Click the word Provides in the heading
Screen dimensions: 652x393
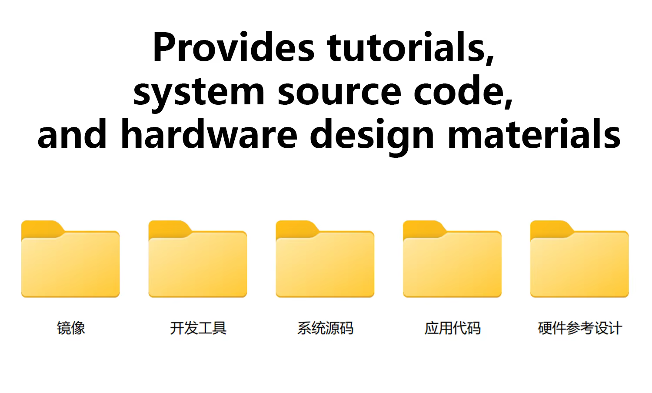tap(234, 48)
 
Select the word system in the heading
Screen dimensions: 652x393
tap(199, 91)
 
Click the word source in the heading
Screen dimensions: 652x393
tap(339, 91)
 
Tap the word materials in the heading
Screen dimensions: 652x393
tap(534, 134)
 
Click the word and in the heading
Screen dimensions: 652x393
tap(72, 134)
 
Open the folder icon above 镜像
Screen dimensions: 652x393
tap(70, 261)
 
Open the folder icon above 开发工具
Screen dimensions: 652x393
tap(198, 261)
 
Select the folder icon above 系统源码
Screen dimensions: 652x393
tap(325, 261)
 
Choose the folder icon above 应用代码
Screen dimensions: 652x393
tap(452, 261)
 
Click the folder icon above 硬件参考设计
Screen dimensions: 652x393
tap(580, 261)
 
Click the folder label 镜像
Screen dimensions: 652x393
tap(71, 328)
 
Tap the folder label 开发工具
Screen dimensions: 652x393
tap(198, 328)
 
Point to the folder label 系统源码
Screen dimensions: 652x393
tap(325, 328)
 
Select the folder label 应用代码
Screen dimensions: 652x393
tap(452, 328)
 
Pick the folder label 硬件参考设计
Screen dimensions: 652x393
tap(580, 328)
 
